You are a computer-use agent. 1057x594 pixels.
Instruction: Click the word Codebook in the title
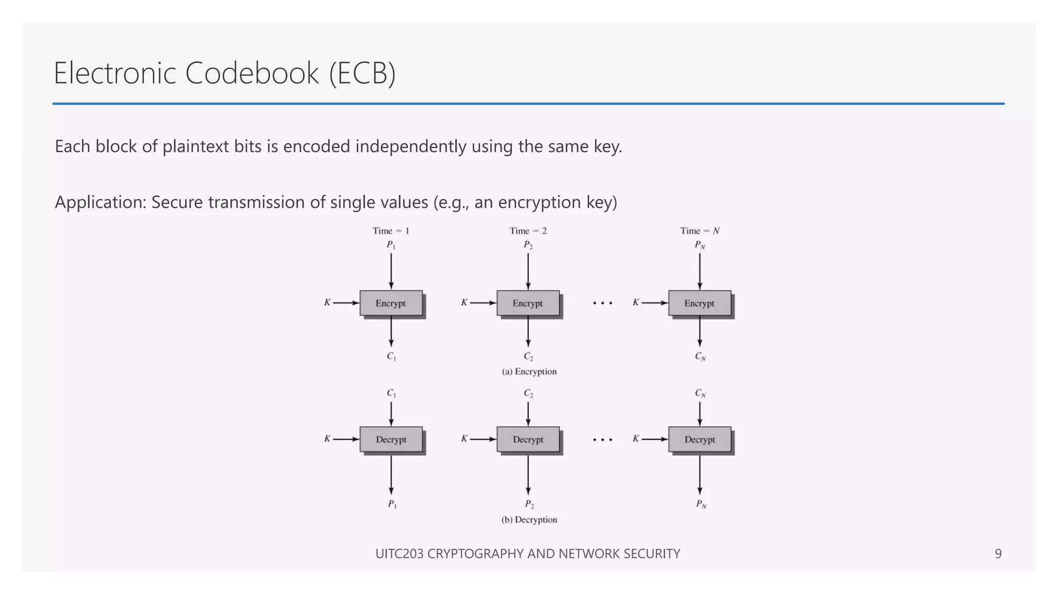252,73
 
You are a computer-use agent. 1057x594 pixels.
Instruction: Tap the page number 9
998,553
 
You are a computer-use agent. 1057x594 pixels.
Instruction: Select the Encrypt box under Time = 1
391,303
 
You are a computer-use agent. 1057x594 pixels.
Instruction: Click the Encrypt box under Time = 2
527,303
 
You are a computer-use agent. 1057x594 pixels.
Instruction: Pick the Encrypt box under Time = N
699,303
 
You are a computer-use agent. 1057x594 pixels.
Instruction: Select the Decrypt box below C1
391,439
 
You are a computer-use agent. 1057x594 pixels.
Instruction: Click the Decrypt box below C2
527,439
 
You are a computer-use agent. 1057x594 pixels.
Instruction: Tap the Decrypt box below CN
699,439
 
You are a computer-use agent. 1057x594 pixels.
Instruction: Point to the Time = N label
699,230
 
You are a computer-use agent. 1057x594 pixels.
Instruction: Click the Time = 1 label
391,230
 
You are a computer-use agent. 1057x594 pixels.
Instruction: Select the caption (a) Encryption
529,371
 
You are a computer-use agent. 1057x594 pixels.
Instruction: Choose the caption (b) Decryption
529,519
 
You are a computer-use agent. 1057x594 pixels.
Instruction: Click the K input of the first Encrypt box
327,303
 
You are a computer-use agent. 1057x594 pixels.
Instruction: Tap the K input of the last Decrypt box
636,439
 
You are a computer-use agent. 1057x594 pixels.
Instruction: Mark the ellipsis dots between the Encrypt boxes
602,303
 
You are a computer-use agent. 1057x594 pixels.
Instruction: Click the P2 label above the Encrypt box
528,245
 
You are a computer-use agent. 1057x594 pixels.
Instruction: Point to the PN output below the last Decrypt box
700,504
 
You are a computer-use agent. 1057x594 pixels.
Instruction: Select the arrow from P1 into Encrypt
391,271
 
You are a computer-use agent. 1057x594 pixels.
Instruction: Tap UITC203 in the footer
399,553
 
